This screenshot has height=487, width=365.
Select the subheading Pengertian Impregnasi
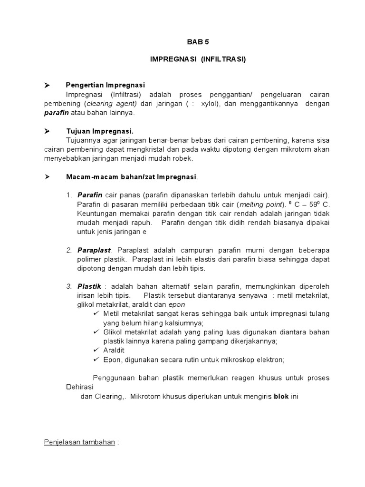click(105, 85)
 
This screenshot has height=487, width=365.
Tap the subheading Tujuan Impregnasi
click(99, 131)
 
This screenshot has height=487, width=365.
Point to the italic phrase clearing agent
click(111, 103)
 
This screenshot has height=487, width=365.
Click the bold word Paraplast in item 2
click(94, 250)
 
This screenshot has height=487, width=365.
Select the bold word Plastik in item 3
click(89, 286)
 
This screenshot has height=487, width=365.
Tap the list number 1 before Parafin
click(69, 195)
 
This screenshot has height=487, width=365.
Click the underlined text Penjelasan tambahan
click(79, 442)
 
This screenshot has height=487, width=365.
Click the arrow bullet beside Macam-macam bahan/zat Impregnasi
click(47, 177)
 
